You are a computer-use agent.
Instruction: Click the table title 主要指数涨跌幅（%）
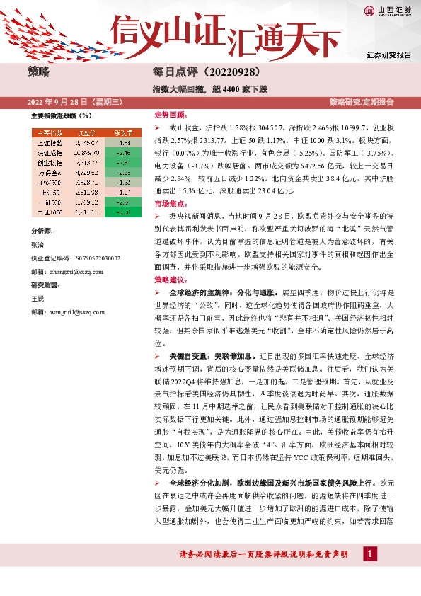tap(62, 115)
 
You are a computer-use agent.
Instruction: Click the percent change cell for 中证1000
tap(125, 212)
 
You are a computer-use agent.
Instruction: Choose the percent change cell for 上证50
tap(125, 192)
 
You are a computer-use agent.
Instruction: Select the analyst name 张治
tap(38, 244)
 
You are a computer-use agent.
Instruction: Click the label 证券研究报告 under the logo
tap(389, 55)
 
